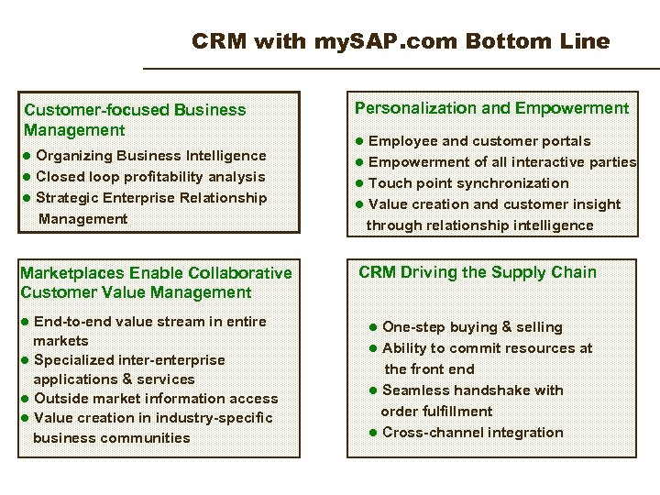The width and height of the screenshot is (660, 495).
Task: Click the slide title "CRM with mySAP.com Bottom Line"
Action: [401, 41]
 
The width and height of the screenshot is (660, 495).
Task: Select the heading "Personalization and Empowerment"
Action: [491, 108]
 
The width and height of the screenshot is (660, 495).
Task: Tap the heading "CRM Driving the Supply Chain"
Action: [477, 272]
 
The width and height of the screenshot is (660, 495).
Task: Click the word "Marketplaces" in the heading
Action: [72, 273]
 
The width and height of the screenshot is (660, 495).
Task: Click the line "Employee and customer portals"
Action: [478, 141]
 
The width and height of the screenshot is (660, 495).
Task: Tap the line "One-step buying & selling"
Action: [472, 327]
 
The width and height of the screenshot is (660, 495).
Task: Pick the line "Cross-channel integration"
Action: [472, 433]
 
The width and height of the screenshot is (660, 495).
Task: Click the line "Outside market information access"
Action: [155, 399]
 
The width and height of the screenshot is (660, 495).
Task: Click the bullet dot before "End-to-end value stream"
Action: [26, 322]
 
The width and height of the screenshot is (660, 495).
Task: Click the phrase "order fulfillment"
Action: [436, 412]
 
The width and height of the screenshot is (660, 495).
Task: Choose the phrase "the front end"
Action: [429, 369]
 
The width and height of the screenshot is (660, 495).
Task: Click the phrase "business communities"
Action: [112, 438]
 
